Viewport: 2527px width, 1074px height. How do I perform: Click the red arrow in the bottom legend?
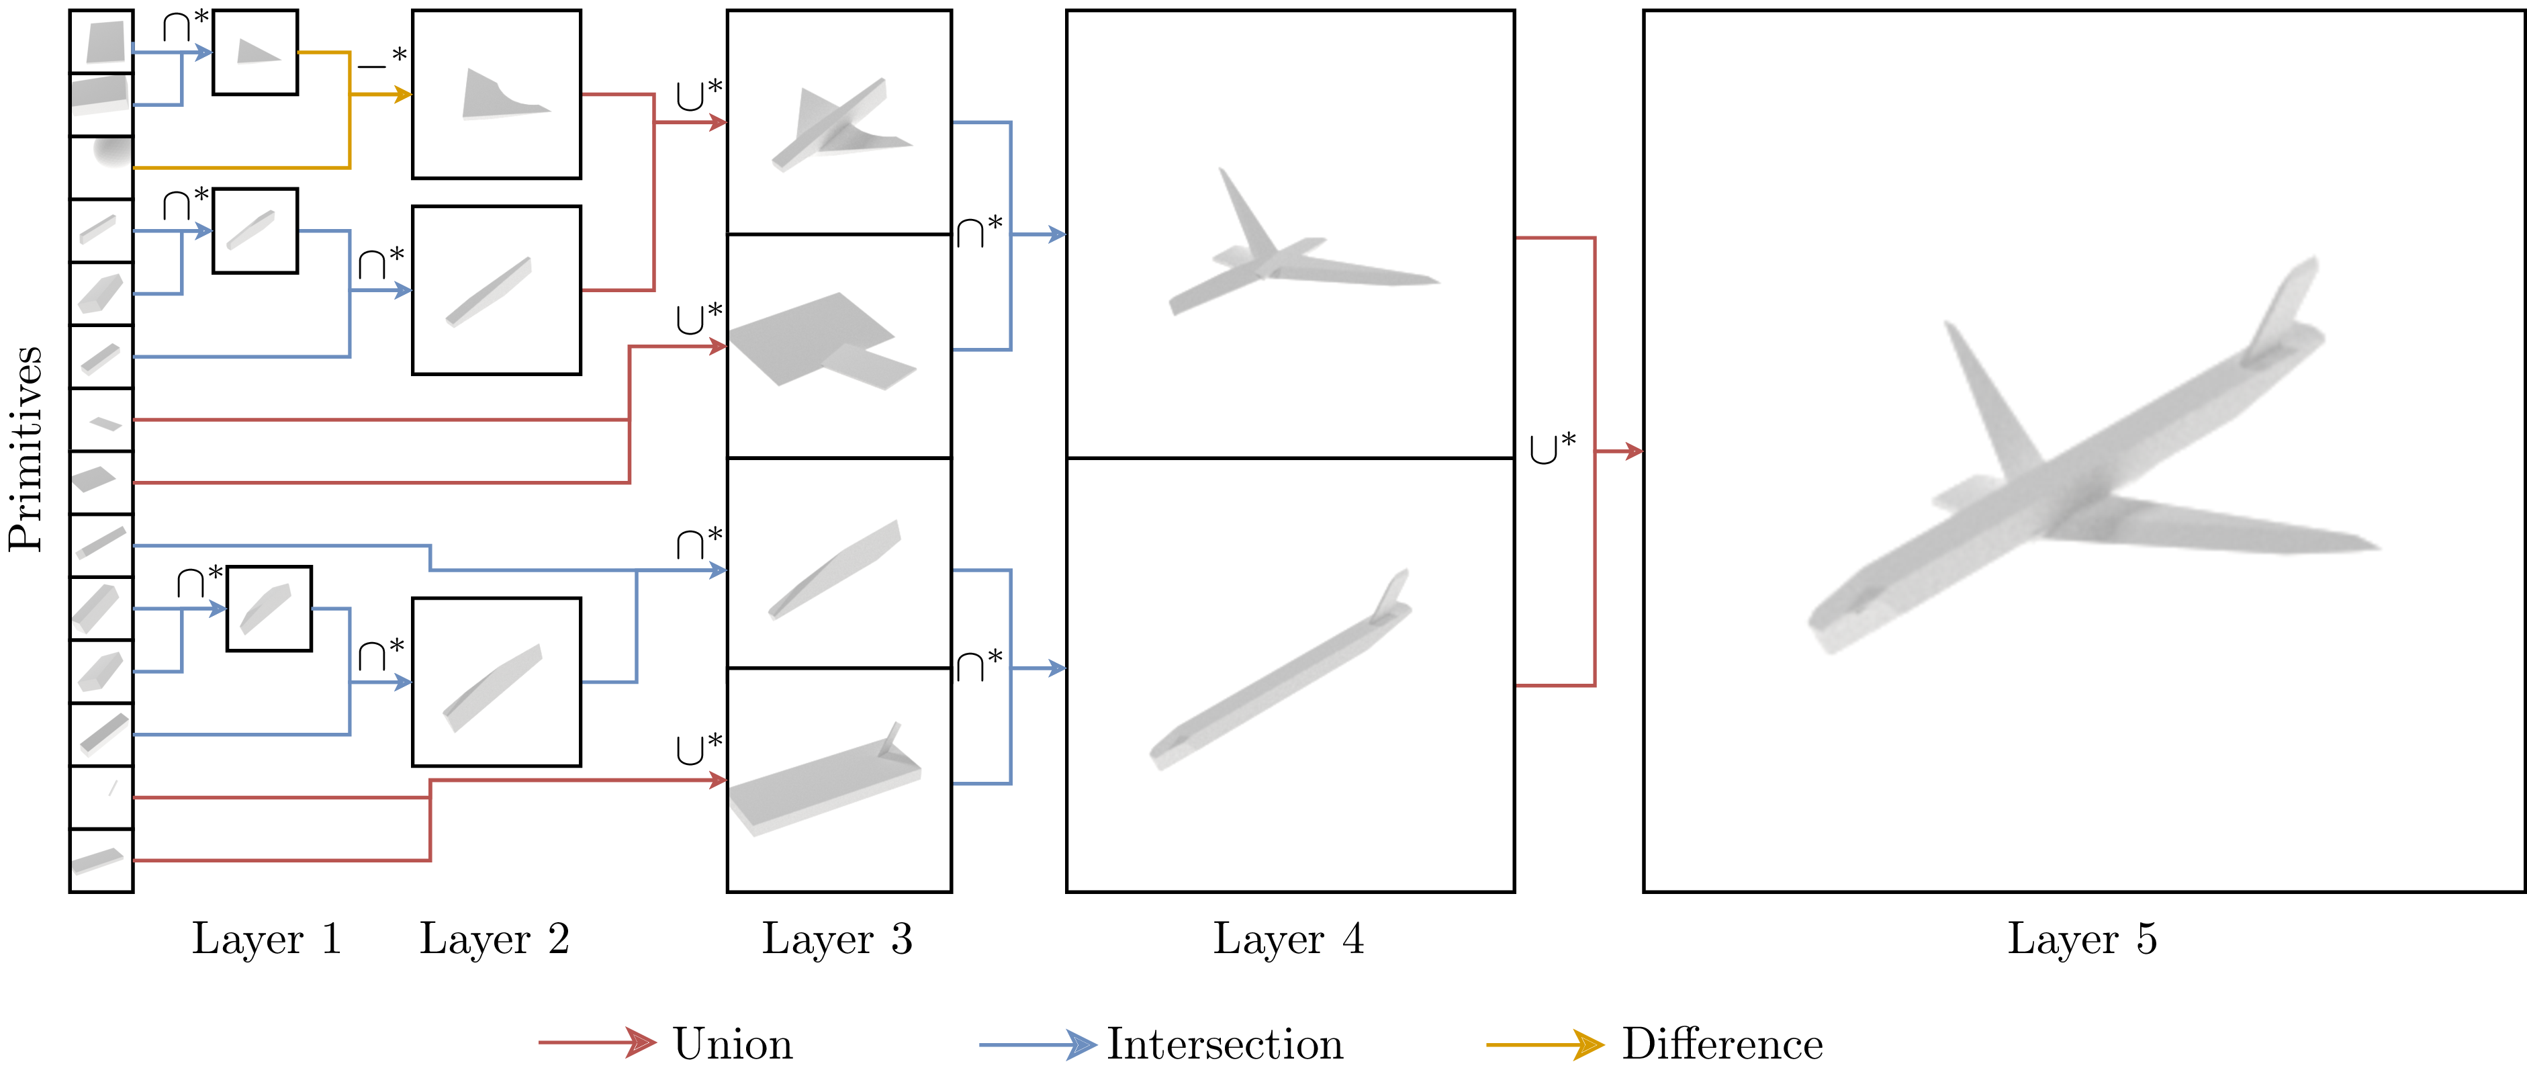(x=598, y=1042)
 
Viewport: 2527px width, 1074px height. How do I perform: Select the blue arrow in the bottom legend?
(x=1039, y=1044)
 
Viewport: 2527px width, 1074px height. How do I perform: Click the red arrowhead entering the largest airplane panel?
(x=1633, y=451)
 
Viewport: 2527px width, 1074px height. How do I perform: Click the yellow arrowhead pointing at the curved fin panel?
(x=402, y=94)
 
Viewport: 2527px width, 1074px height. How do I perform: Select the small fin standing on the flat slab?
(x=890, y=737)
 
